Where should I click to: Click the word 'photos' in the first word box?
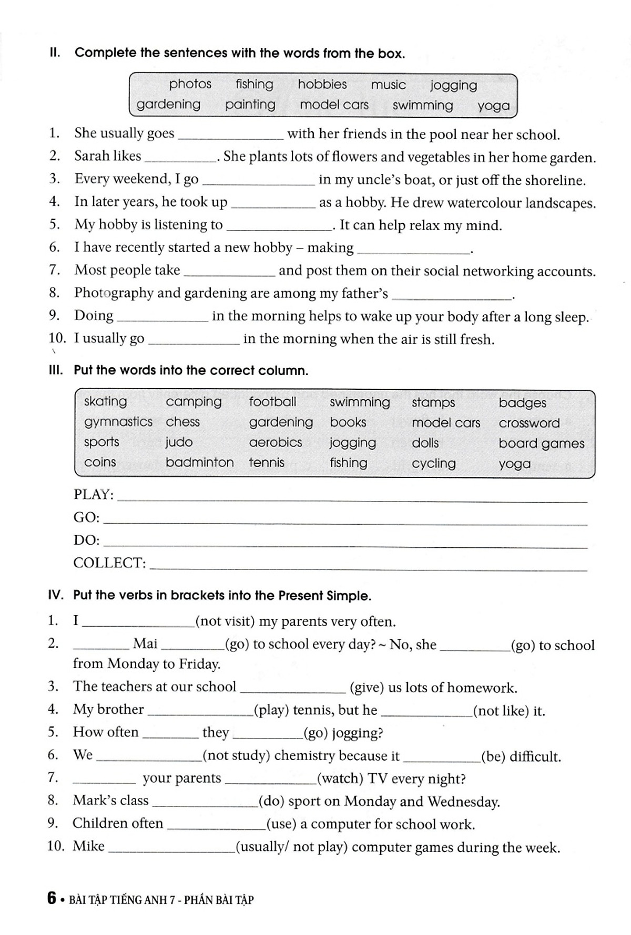[190, 84]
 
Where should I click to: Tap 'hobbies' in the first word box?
[322, 85]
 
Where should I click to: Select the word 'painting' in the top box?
[250, 105]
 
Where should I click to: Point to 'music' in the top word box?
[388, 85]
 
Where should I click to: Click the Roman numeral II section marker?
[54, 53]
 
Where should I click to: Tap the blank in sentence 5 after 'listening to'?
[278, 226]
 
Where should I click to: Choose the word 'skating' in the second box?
[105, 402]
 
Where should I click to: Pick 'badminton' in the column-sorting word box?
[199, 462]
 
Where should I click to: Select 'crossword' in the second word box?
[529, 423]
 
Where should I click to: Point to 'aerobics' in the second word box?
[276, 442]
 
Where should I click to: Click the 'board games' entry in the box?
[541, 443]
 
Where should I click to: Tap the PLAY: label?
[94, 495]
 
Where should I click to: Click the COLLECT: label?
[109, 563]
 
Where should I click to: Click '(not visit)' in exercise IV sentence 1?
[225, 621]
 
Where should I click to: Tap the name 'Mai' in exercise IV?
[145, 643]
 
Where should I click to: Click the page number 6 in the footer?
[52, 898]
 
